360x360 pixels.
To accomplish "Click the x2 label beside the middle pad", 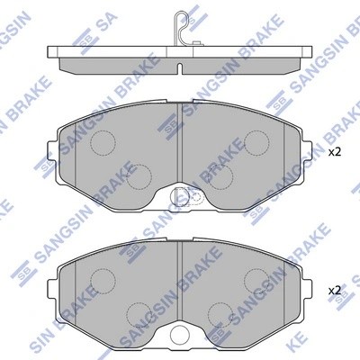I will pos(335,152).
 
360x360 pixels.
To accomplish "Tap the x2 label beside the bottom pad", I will pos(335,291).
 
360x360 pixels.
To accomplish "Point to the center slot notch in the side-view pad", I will pos(179,68).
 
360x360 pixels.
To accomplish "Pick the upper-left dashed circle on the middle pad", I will pos(107,140).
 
